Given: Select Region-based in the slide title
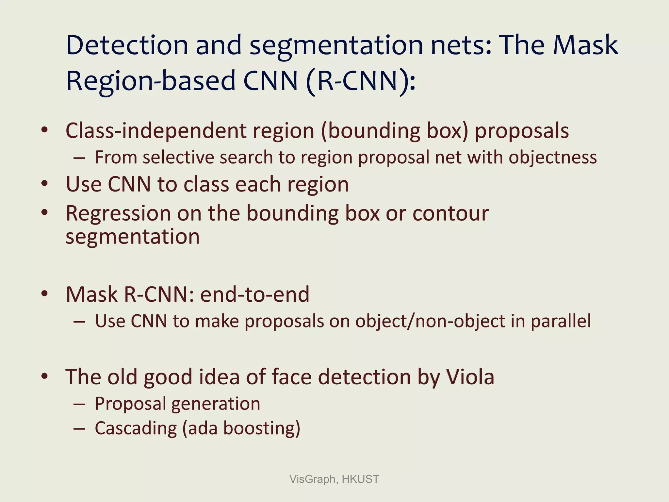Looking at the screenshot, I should point(151,81).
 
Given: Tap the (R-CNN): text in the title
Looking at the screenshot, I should point(361,81).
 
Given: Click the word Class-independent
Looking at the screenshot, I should point(156,131).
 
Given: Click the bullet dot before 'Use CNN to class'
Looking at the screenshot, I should point(45,184).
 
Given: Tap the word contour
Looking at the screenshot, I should point(450,214).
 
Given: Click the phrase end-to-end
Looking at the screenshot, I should point(255,294).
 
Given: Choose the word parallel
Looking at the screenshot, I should point(561,321).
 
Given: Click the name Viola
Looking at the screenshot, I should point(470,377).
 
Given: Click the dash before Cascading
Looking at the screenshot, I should point(79,428).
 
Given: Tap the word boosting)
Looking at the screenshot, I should point(262,428).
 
